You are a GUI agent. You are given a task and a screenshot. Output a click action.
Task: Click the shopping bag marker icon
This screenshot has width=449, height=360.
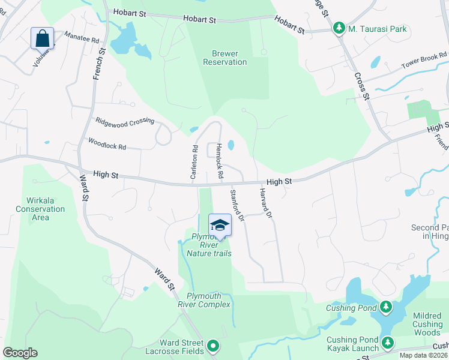[43, 38]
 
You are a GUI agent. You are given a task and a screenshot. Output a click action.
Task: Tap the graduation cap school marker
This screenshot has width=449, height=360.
[220, 225]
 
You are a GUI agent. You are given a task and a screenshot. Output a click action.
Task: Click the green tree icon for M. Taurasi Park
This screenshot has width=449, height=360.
[339, 28]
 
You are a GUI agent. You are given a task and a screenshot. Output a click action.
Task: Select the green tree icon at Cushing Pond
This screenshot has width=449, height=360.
[385, 308]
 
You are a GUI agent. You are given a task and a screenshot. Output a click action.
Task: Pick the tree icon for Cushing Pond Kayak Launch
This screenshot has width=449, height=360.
[388, 343]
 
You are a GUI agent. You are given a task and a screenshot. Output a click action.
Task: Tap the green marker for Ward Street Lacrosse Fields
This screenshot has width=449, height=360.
[213, 346]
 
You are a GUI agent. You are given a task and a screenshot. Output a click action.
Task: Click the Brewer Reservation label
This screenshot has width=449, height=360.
[225, 58]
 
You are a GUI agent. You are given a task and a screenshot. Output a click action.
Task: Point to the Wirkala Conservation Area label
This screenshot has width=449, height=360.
[40, 209]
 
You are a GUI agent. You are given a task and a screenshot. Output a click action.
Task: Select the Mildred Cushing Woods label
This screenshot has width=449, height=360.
[427, 324]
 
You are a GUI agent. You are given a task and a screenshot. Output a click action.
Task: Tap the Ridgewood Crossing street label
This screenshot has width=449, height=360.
[125, 121]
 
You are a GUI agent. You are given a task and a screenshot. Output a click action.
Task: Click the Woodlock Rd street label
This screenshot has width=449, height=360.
[107, 145]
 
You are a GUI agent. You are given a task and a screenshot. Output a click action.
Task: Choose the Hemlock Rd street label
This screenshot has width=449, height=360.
[220, 161]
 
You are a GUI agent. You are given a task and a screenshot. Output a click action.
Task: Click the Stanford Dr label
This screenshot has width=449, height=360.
[237, 205]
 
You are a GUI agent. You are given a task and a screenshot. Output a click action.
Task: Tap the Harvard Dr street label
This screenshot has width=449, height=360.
[266, 203]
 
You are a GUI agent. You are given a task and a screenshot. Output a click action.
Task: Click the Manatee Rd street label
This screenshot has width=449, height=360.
[81, 37]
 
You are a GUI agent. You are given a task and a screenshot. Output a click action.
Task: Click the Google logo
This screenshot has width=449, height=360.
[20, 353]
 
